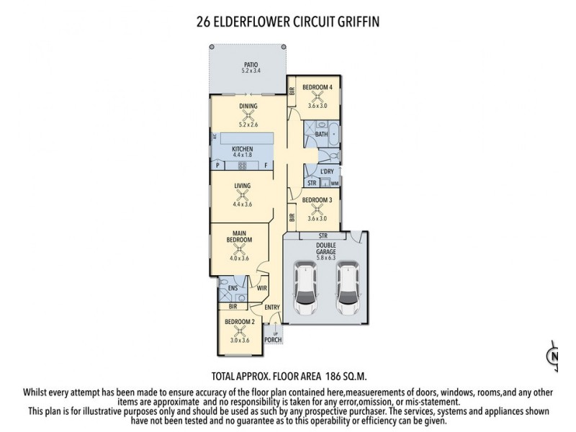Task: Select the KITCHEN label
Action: pos(242,148)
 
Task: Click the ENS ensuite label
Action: pos(233,289)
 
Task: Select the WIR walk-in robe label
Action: pos(261,289)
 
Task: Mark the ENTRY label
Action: pos(271,308)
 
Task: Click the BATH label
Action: pos(321,134)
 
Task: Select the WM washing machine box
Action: pos(335,184)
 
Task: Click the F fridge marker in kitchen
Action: pos(266,166)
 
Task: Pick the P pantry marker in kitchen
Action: pos(217,166)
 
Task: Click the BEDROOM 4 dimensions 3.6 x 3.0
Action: pos(318,106)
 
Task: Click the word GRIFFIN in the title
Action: pos(353,22)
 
